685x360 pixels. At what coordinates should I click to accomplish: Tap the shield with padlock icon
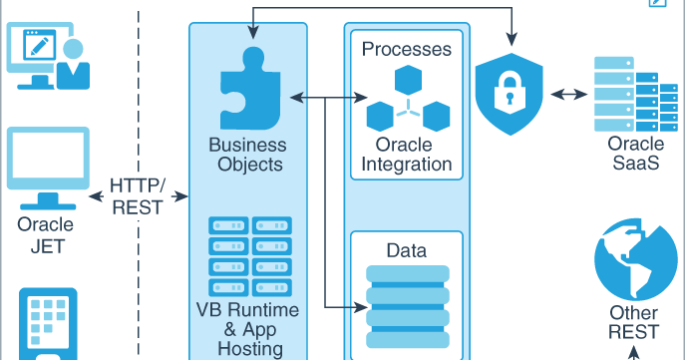510,95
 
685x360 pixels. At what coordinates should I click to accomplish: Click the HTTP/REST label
138,196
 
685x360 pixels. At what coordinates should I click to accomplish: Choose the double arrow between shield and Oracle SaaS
568,95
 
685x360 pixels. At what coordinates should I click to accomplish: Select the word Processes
406,49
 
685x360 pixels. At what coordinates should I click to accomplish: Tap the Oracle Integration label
407,155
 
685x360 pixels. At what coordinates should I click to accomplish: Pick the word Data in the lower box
406,249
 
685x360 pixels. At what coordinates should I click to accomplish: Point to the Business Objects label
245,156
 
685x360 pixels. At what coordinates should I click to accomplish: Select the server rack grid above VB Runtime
245,255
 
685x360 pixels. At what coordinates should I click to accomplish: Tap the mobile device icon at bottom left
47,324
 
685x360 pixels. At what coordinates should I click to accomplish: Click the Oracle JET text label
45,234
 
